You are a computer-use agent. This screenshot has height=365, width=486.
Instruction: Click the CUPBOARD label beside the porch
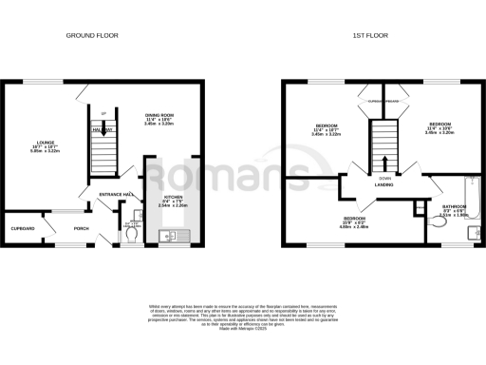pyautogui.click(x=23, y=229)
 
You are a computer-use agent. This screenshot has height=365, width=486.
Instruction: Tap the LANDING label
pyautogui.click(x=384, y=185)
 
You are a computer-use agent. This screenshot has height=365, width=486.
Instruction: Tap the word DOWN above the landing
pyautogui.click(x=384, y=178)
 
